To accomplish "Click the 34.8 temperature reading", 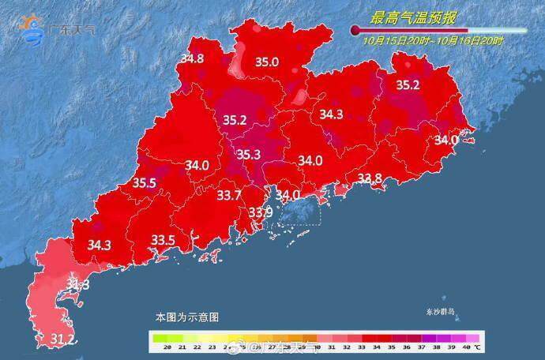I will click(192, 58).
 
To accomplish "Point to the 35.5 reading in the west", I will click(144, 182).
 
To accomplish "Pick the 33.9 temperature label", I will click(261, 212).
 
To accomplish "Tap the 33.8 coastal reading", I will click(370, 178).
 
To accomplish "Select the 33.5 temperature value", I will click(163, 239).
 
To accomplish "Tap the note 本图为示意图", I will click(186, 317).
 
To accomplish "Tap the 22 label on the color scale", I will click(197, 347).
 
